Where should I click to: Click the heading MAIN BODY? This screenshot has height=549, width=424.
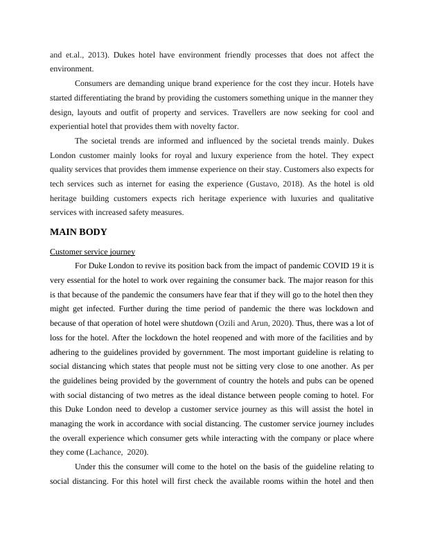(x=78, y=232)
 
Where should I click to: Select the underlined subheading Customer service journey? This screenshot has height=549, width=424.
(x=93, y=251)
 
